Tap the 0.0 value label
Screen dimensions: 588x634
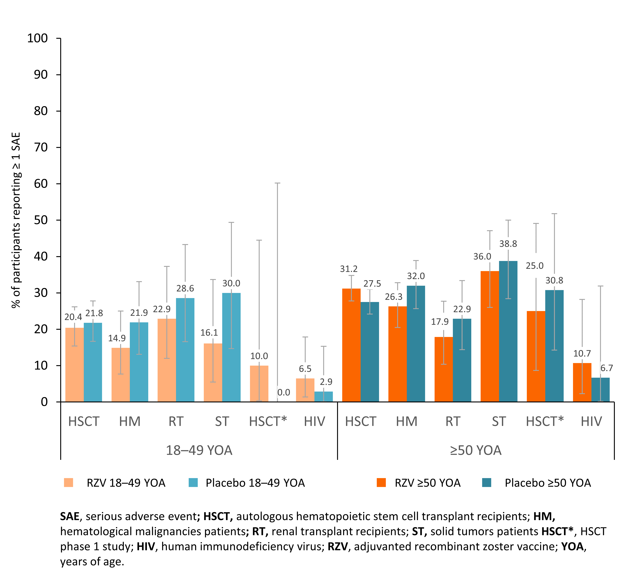click(x=283, y=392)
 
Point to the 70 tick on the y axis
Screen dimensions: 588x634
click(x=41, y=147)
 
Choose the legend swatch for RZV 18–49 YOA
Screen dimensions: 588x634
click(x=69, y=483)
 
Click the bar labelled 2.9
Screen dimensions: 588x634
click(x=324, y=397)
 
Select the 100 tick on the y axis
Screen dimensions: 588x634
click(x=38, y=38)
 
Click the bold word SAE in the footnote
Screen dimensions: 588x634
click(x=69, y=516)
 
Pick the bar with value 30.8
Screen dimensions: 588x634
click(x=554, y=346)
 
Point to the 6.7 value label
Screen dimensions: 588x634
click(x=607, y=368)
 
